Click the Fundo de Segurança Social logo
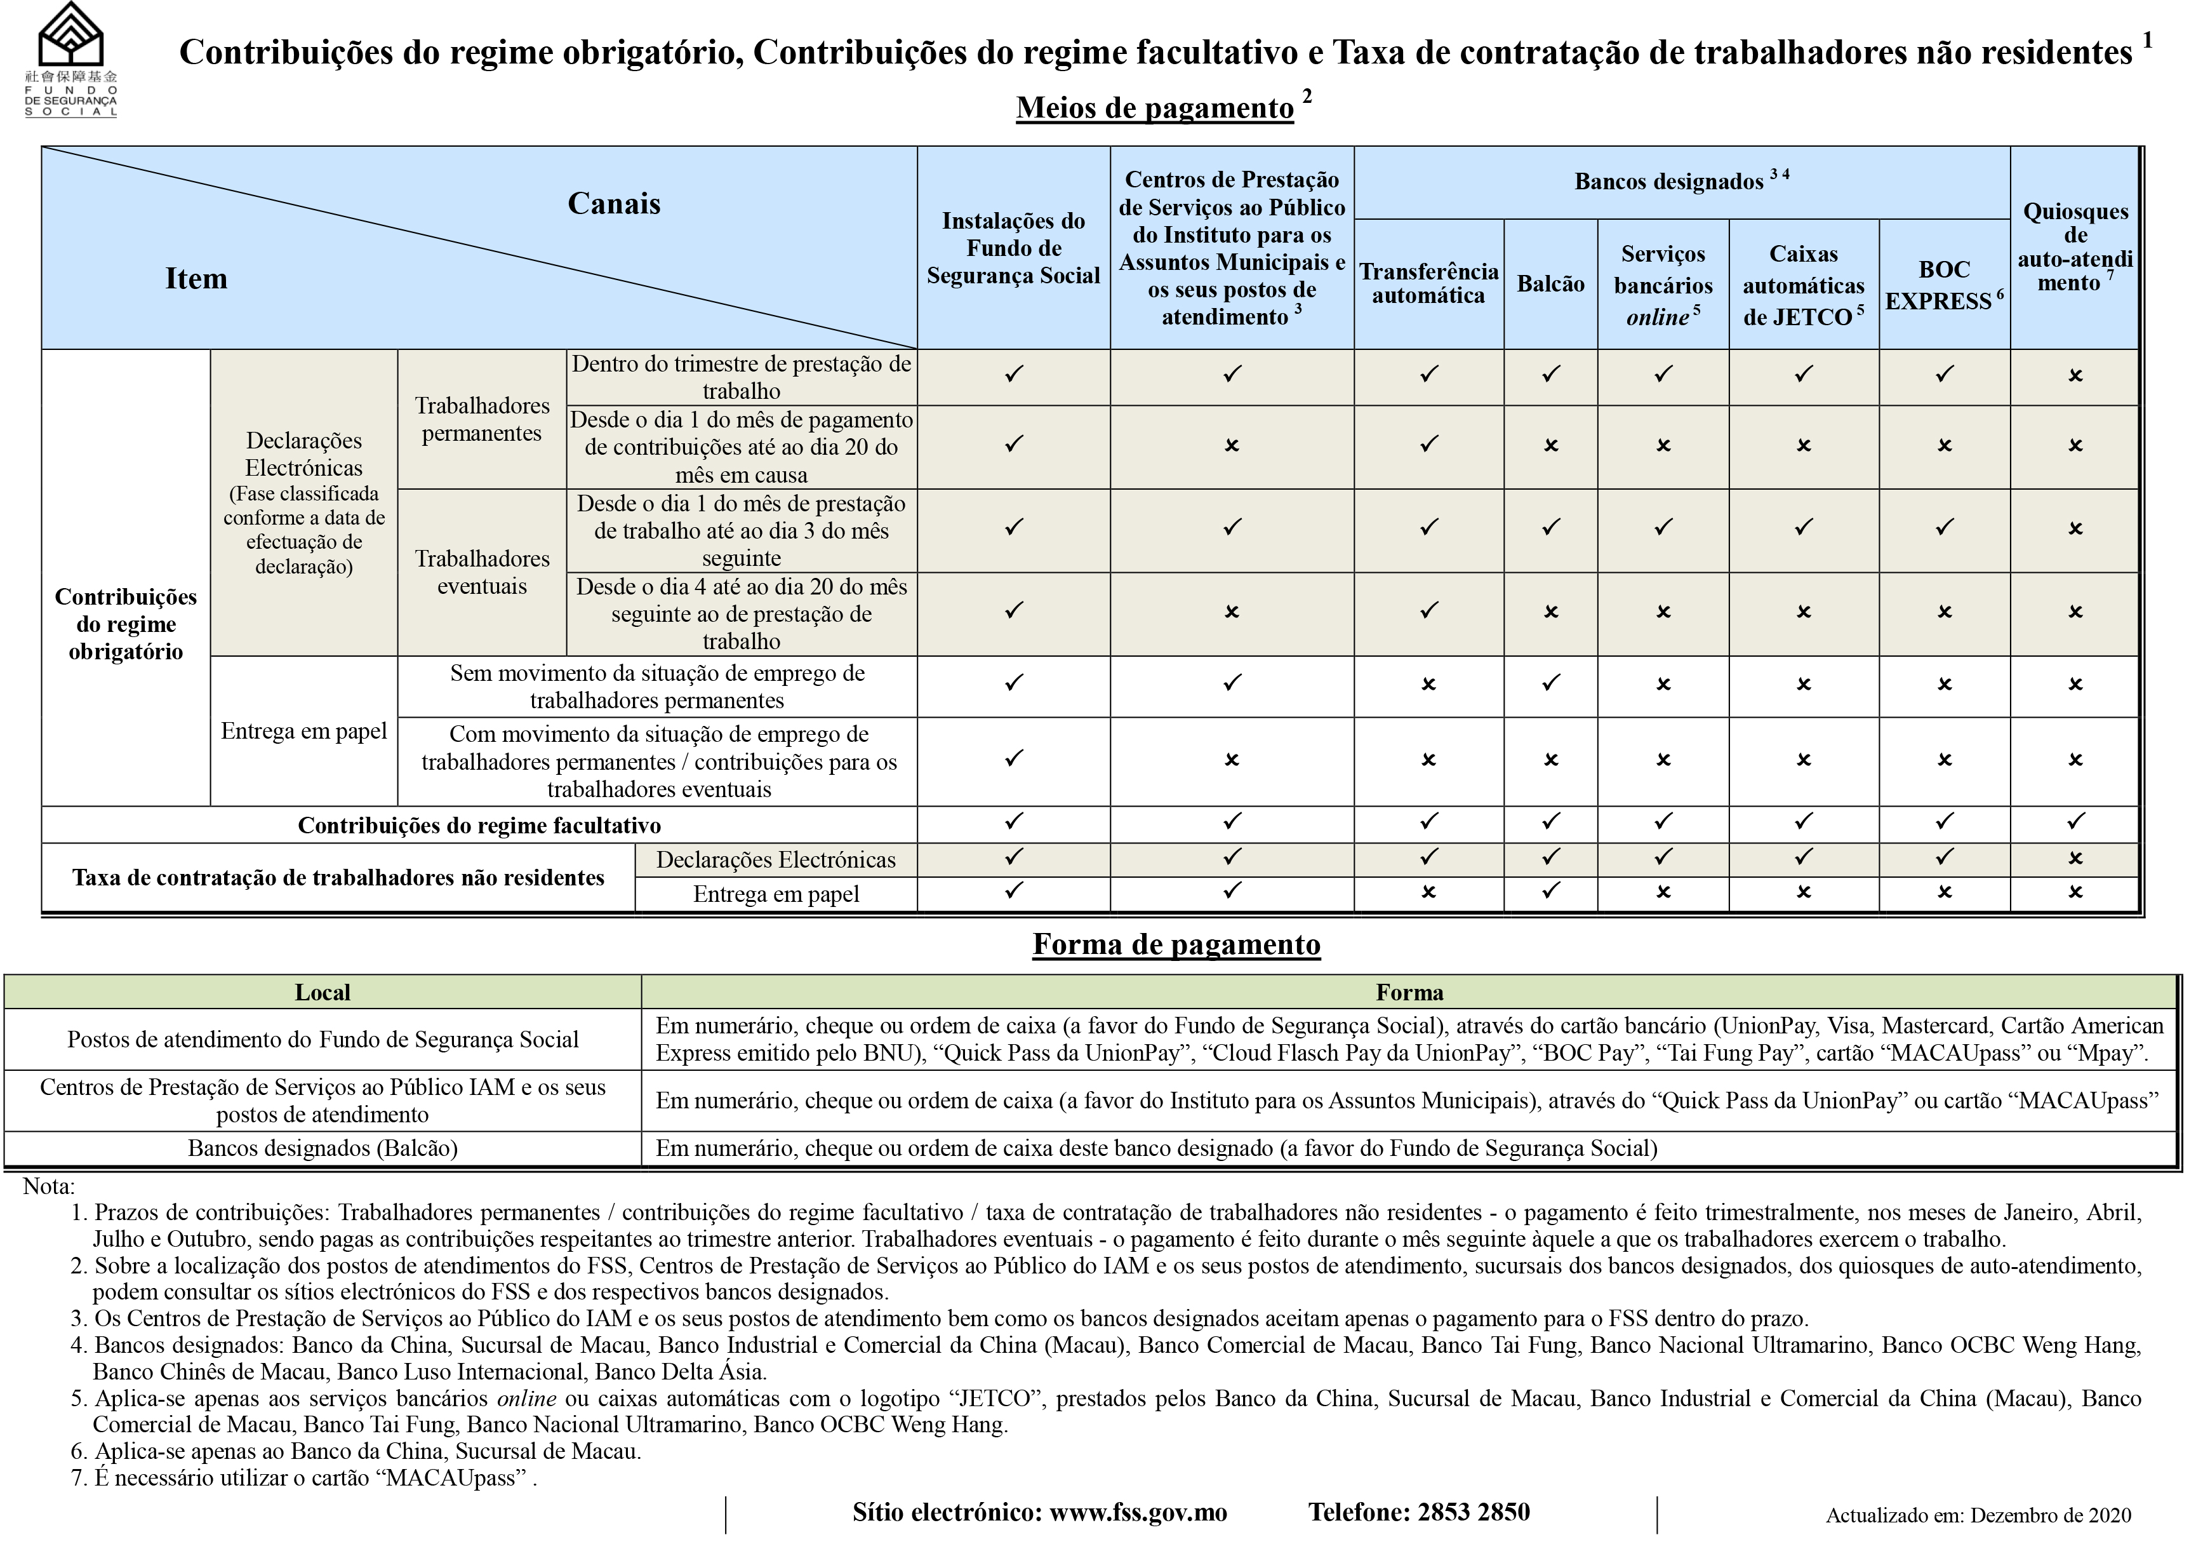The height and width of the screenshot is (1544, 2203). tap(71, 60)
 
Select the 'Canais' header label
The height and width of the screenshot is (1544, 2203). tap(614, 203)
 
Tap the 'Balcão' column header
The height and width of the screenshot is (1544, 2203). tap(1550, 283)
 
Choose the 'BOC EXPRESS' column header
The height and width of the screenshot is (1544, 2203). tap(1944, 285)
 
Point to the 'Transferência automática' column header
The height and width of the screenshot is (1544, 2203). tap(1428, 283)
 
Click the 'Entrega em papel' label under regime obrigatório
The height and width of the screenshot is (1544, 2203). tap(304, 731)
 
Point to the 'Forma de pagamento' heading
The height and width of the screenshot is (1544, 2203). tap(1176, 944)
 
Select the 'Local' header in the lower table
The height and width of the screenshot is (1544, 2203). tap(323, 992)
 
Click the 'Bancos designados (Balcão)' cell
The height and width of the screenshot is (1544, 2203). tap(323, 1148)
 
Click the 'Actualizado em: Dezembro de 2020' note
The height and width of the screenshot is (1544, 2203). tap(1978, 1516)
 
